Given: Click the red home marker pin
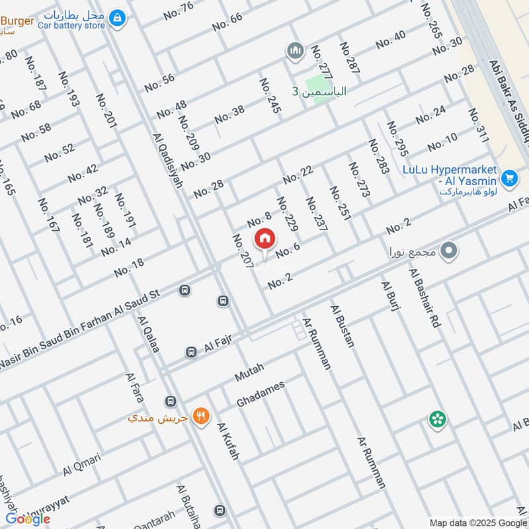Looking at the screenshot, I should pyautogui.click(x=264, y=238).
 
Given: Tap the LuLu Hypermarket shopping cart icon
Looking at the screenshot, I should pyautogui.click(x=509, y=178).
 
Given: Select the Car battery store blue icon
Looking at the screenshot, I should pyautogui.click(x=117, y=19).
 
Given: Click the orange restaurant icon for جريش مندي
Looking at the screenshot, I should pyautogui.click(x=201, y=417).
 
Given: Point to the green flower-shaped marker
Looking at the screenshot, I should pyautogui.click(x=437, y=419).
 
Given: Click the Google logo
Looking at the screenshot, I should pyautogui.click(x=28, y=518).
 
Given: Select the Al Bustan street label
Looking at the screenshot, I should pyautogui.click(x=342, y=325).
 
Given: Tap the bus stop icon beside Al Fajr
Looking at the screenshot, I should pyautogui.click(x=191, y=352).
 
